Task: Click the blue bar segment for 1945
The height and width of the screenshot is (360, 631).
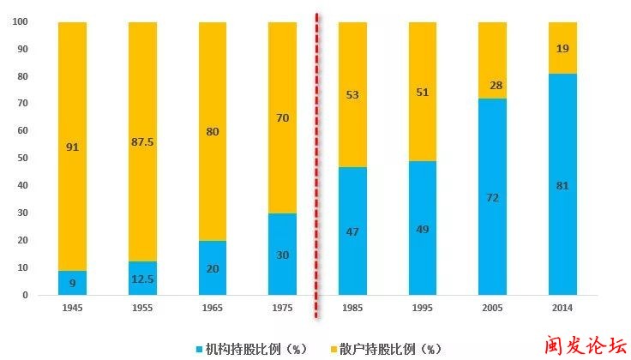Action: (x=73, y=283)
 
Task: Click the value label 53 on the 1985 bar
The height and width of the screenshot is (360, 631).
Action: (x=352, y=94)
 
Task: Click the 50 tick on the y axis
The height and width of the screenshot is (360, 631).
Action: (x=22, y=158)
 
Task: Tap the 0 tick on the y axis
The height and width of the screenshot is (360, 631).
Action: (x=25, y=295)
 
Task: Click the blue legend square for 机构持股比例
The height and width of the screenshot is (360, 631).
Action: (x=198, y=349)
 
